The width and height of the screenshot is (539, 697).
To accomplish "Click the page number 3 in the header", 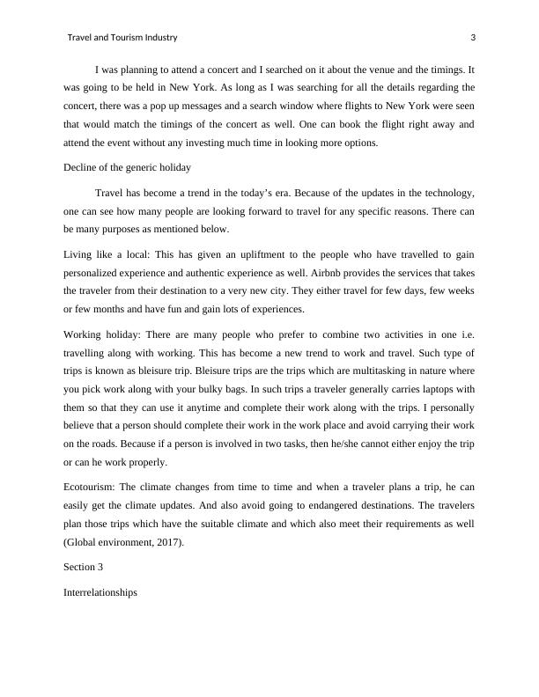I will coord(474,38).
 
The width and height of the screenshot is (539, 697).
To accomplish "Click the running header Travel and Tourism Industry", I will coord(122,38).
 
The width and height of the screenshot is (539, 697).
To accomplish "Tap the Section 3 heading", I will coord(85,569).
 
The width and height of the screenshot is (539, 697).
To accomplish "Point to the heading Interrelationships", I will coord(100,594).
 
